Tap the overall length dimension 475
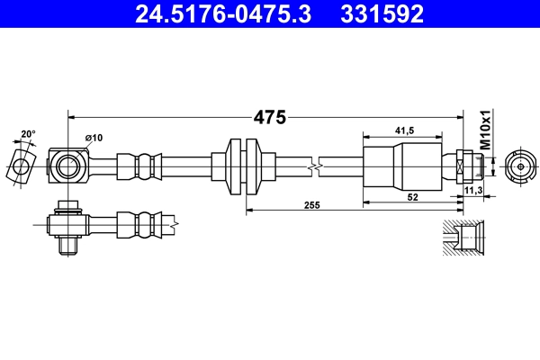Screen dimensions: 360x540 click(x=269, y=117)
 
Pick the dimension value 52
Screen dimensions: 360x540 click(x=413, y=197)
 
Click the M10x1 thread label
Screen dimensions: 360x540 click(x=485, y=130)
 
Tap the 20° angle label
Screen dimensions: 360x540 click(x=29, y=134)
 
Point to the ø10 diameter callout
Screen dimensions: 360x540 click(x=94, y=138)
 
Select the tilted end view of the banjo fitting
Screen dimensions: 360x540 click(x=20, y=165)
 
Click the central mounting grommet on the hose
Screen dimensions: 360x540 click(x=245, y=166)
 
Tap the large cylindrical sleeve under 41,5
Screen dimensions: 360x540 click(x=403, y=166)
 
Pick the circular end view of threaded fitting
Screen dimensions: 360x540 click(x=518, y=166)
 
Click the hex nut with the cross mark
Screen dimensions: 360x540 click(x=462, y=166)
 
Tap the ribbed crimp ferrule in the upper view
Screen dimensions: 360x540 click(x=140, y=166)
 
